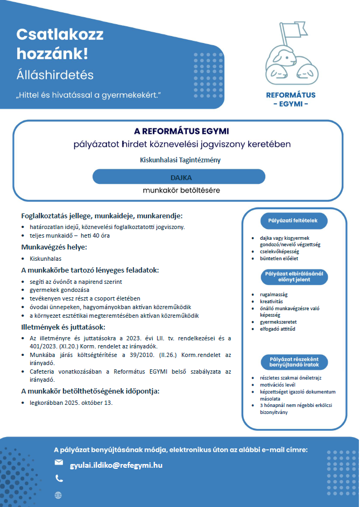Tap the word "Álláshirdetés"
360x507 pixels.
pos(55,75)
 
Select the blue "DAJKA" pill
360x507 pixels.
pos(179,177)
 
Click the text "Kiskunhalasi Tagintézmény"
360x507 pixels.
pos(180,160)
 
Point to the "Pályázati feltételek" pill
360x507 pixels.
pos(292,221)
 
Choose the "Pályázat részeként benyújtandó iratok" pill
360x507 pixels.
pos(292,362)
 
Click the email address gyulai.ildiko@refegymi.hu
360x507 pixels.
pos(116,465)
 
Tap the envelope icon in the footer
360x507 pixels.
pos(59,463)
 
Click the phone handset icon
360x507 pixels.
pos(59,479)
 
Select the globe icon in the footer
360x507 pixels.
pos(59,495)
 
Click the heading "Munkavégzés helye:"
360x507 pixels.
pos(54,247)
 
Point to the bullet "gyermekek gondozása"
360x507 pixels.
pos(59,290)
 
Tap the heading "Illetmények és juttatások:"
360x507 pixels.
pos(63,327)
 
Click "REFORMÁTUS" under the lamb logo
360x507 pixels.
pos(291,95)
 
